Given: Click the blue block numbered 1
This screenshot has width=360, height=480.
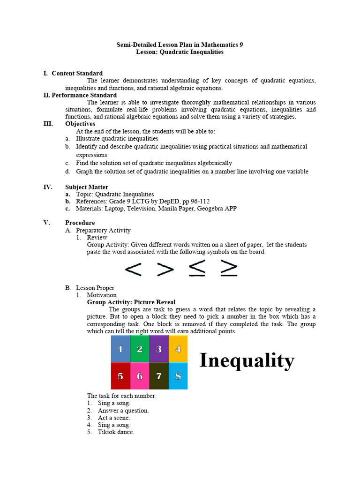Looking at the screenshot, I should [x=120, y=349].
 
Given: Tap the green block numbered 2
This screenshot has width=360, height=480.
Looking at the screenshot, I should [x=140, y=349].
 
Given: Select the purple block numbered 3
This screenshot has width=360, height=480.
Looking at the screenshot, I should [x=159, y=349].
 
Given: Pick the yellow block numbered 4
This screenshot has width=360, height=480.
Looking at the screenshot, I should [x=178, y=349].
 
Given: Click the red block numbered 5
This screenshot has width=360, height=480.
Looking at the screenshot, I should [x=120, y=375].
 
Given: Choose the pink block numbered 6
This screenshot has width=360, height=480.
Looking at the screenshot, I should [x=140, y=375].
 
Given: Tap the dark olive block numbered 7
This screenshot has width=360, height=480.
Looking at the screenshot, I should [x=159, y=375].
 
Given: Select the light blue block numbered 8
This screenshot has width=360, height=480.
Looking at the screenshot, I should [x=178, y=375].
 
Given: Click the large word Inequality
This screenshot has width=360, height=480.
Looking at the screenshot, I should [x=247, y=360].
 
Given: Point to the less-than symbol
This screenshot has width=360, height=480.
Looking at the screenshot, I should [x=133, y=269].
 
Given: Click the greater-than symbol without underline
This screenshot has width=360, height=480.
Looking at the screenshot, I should [x=165, y=269].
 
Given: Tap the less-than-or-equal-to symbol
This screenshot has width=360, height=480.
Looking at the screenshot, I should [x=197, y=268].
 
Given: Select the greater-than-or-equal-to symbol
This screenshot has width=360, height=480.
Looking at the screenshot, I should [x=228, y=268].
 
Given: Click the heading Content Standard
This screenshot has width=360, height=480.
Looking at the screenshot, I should [x=77, y=73].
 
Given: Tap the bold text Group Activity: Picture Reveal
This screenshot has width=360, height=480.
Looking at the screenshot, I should [x=131, y=302].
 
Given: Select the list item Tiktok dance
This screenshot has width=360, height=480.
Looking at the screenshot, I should [x=116, y=432].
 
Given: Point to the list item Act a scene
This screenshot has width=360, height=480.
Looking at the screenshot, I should [x=114, y=418].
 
